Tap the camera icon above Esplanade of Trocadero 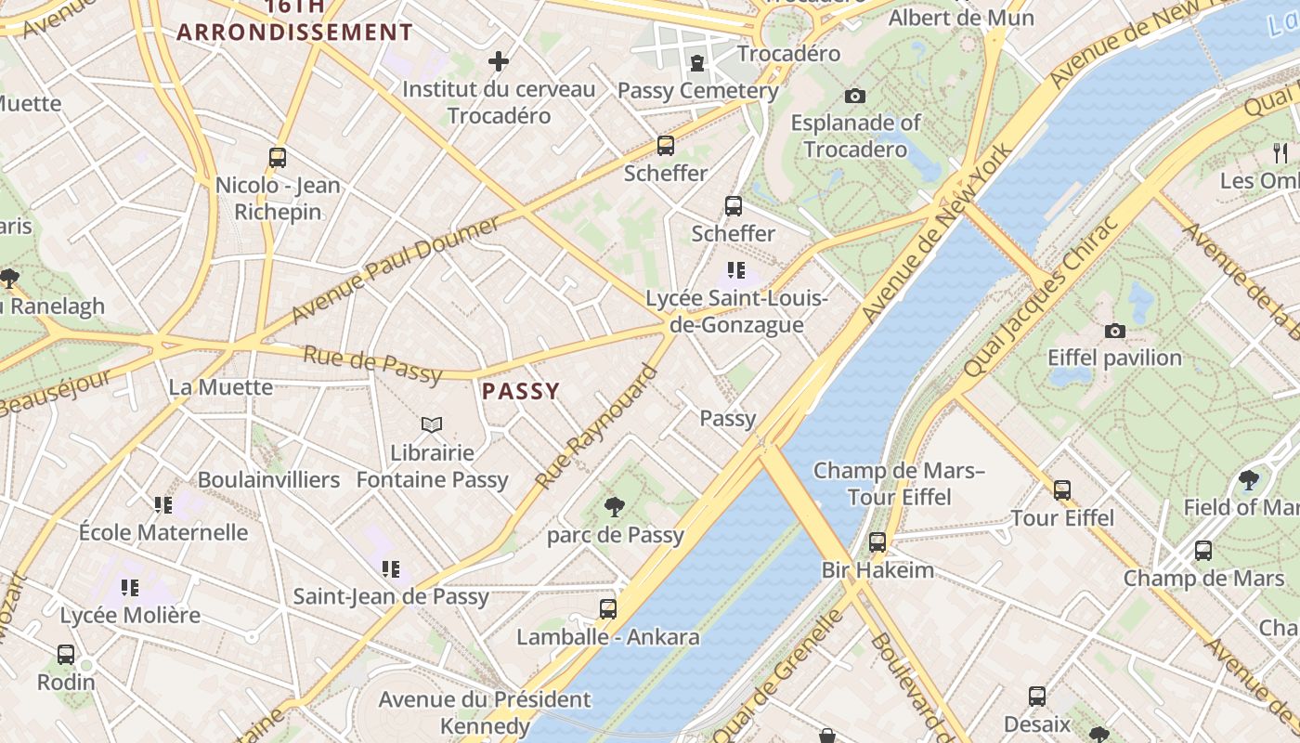pyautogui.click(x=855, y=96)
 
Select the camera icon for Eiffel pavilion pyautogui.click(x=1114, y=331)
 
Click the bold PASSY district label pyautogui.click(x=521, y=391)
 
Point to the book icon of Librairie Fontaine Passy pyautogui.click(x=431, y=424)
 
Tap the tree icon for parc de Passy pyautogui.click(x=614, y=506)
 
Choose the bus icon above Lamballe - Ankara pyautogui.click(x=608, y=609)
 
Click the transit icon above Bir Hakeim pyautogui.click(x=877, y=542)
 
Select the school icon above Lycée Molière pyautogui.click(x=130, y=587)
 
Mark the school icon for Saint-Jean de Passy pyautogui.click(x=391, y=568)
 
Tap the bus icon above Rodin pyautogui.click(x=66, y=654)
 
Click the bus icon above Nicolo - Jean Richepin pyautogui.click(x=278, y=158)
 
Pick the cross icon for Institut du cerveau pyautogui.click(x=499, y=62)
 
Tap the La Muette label pyautogui.click(x=221, y=387)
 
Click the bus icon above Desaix pyautogui.click(x=1037, y=697)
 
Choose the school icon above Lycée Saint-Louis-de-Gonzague pyautogui.click(x=736, y=270)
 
